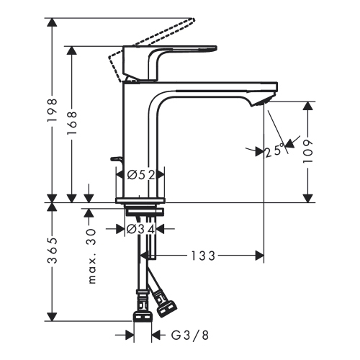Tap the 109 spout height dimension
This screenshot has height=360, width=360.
click(x=309, y=150)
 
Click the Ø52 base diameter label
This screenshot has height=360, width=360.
click(x=141, y=174)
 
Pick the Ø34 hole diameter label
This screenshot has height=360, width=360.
click(x=140, y=229)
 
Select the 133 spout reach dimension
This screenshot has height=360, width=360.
click(x=204, y=256)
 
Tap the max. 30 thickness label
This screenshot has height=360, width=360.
click(x=91, y=257)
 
